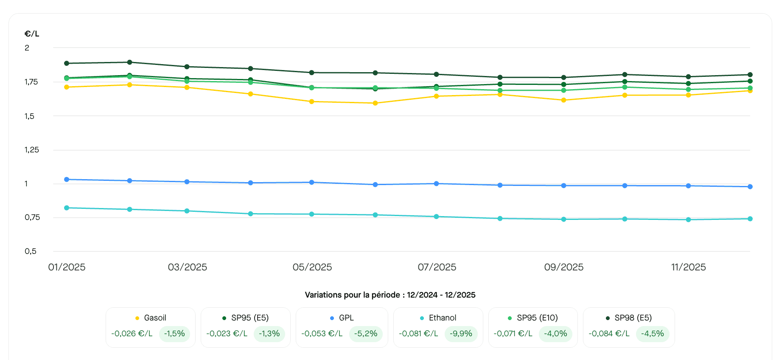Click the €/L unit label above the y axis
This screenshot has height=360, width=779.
(x=32, y=34)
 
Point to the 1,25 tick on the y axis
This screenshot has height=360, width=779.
(x=32, y=150)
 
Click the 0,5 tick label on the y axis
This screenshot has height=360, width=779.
(x=31, y=251)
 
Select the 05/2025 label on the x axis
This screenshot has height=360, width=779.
(x=312, y=267)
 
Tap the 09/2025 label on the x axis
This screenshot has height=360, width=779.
(x=563, y=267)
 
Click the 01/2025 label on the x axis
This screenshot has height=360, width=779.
(x=67, y=267)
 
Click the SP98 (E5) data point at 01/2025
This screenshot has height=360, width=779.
(x=67, y=63)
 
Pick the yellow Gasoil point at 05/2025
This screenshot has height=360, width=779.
(x=312, y=101)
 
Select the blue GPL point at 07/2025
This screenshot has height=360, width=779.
(x=436, y=183)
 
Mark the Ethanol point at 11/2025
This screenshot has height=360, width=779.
(x=688, y=219)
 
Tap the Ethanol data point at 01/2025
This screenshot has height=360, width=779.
(x=67, y=208)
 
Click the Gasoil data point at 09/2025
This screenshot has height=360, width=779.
(x=563, y=100)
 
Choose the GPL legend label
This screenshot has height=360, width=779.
(x=346, y=318)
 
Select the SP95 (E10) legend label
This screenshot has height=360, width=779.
(x=537, y=318)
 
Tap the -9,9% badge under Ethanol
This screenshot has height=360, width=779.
(x=461, y=334)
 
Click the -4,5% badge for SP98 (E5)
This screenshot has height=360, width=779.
(x=652, y=334)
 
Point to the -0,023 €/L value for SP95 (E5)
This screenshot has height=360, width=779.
(x=227, y=334)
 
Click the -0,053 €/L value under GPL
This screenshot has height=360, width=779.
(x=322, y=334)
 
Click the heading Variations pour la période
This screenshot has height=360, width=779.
(x=390, y=295)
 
